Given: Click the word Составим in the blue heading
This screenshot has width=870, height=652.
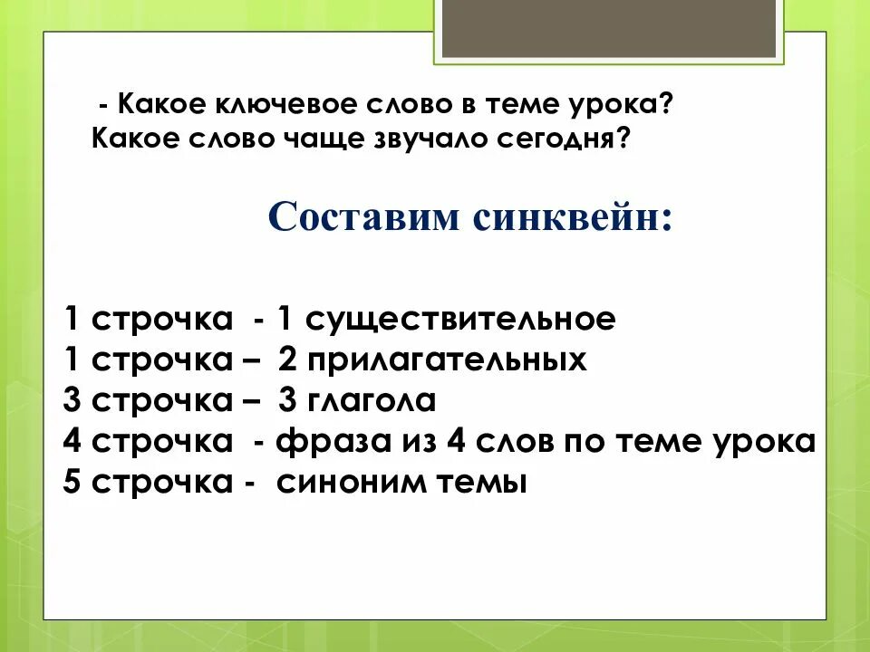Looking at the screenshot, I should (365, 217).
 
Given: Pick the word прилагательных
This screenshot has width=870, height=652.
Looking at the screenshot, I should (447, 360).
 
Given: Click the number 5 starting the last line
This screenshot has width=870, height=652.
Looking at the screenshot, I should (72, 483).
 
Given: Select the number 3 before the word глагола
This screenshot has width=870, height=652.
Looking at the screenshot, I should (287, 400).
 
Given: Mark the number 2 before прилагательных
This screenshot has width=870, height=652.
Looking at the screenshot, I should (287, 360).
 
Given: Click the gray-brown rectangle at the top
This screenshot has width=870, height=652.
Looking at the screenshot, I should (610, 27).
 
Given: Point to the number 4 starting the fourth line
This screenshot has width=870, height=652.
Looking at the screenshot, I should (72, 442).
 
